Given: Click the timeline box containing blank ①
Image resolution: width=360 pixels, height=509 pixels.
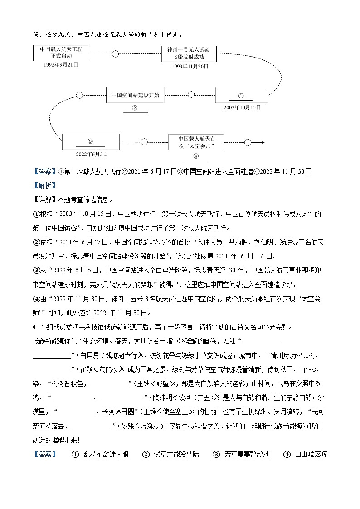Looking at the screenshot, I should (241, 95).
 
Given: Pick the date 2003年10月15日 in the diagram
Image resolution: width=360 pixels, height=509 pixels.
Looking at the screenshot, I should (242, 107).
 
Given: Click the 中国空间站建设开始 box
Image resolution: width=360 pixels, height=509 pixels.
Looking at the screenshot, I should (135, 96).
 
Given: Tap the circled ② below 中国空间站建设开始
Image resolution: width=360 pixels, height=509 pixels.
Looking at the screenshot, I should (135, 108).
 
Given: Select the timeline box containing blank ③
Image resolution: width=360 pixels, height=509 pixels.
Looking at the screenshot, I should (90, 141).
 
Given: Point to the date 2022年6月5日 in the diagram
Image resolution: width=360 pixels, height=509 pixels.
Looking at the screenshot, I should (92, 154).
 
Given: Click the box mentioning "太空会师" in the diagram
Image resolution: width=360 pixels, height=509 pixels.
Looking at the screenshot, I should (196, 142).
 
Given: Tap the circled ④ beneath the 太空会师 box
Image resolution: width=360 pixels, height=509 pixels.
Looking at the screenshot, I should (196, 156).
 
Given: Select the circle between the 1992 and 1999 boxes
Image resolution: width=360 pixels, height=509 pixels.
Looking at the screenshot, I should (115, 54).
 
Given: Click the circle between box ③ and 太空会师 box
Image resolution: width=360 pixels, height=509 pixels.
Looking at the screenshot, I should (144, 142).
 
